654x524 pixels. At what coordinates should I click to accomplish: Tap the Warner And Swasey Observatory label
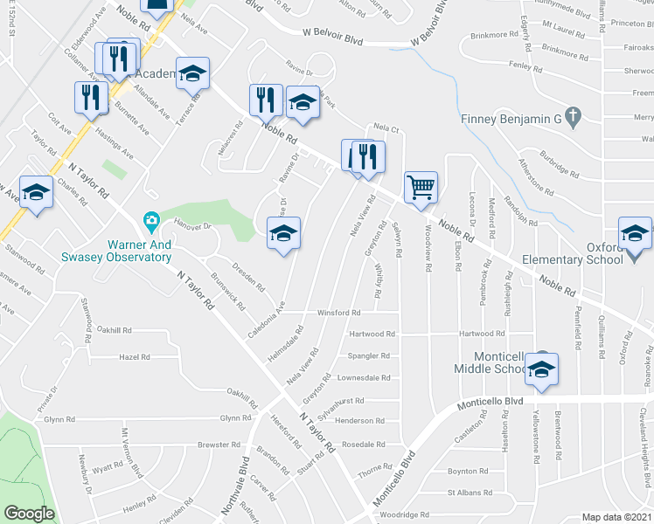point(116,245)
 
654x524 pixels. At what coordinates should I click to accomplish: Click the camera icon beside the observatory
point(151,219)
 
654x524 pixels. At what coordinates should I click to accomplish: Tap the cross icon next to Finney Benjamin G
point(572,115)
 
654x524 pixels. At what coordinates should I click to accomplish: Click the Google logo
point(29,514)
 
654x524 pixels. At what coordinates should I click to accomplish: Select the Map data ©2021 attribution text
point(616,517)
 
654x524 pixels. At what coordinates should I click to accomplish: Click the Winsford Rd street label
point(338,313)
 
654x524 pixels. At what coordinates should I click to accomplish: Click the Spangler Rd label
point(369,356)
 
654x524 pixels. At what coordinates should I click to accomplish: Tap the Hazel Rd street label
point(135,357)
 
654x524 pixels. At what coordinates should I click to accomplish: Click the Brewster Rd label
point(212,445)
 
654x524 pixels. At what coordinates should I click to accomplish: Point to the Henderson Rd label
point(355,421)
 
